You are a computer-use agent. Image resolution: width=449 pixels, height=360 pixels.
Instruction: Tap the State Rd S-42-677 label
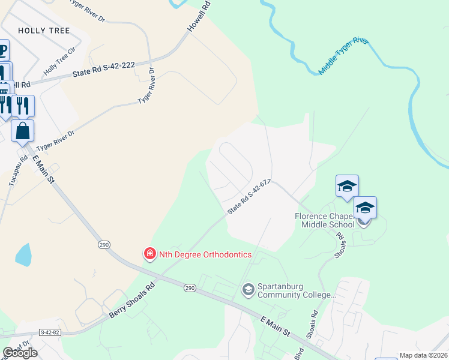pos(250,196)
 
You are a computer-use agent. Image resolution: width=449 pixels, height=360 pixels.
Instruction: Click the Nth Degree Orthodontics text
pos(205,254)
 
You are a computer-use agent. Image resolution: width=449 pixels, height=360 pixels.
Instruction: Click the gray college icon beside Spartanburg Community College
pos(248,290)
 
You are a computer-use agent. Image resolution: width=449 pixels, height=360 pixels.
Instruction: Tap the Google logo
pos(20,353)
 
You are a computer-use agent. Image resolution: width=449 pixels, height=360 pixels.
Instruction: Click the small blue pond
pos(24,255)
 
